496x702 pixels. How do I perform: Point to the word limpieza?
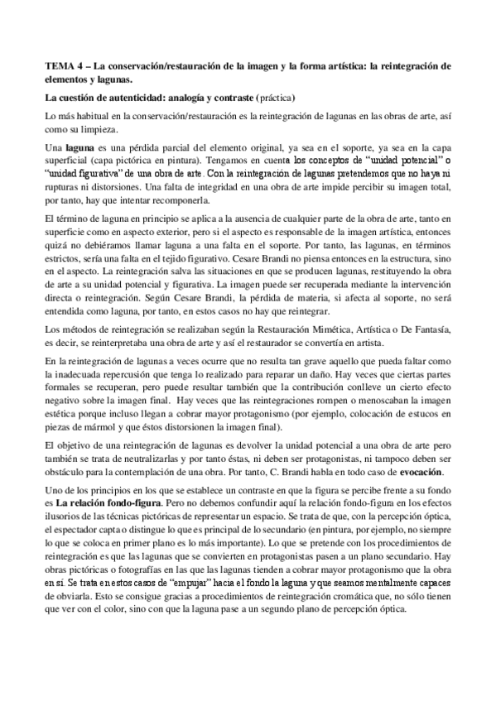pyautogui.click(x=100, y=130)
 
